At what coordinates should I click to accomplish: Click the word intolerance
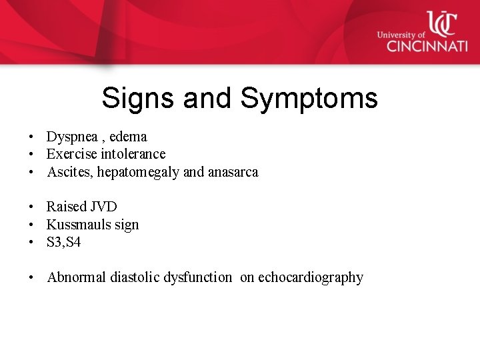pos(133,154)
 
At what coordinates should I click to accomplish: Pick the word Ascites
pos(70,172)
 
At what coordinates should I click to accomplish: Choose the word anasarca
pos(233,172)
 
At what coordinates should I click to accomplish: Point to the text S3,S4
pos(64,243)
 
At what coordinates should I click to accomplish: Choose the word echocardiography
pos(311,278)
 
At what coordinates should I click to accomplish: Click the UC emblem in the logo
pos(441,24)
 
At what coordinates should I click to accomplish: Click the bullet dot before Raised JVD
pos(31,207)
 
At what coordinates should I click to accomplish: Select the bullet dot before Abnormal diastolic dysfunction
pos(31,278)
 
